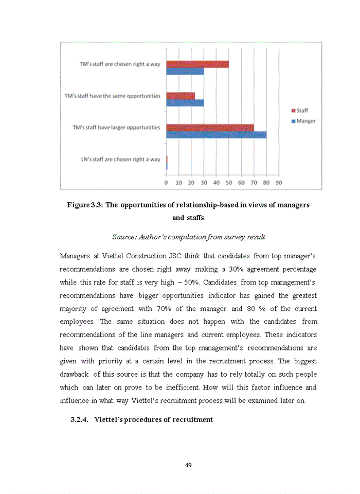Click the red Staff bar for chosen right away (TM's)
point(197,64)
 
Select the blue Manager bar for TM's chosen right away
point(185,72)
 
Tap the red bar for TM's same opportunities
point(181,96)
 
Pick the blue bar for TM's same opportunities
point(185,103)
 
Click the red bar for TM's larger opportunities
point(210,127)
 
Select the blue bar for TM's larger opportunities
point(216,134)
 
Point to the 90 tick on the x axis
point(278,182)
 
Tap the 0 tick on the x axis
point(166,182)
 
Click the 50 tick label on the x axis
point(228,182)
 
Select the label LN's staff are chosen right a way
point(120,160)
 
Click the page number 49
point(188,465)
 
